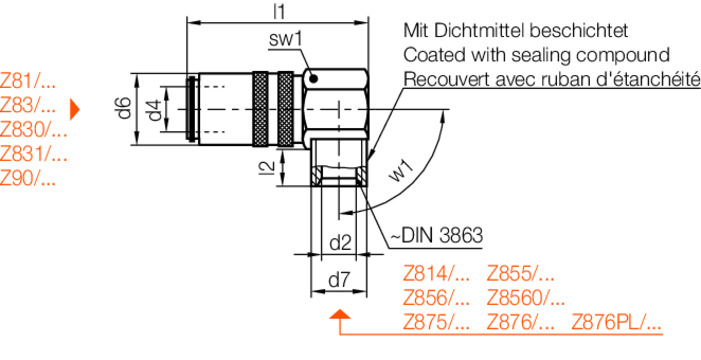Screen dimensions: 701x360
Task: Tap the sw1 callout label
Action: click(x=286, y=40)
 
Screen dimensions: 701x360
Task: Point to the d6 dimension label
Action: click(x=125, y=108)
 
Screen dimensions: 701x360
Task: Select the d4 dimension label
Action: click(x=154, y=110)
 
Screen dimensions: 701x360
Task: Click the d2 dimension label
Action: click(x=341, y=244)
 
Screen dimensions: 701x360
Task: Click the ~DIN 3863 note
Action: click(x=437, y=235)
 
